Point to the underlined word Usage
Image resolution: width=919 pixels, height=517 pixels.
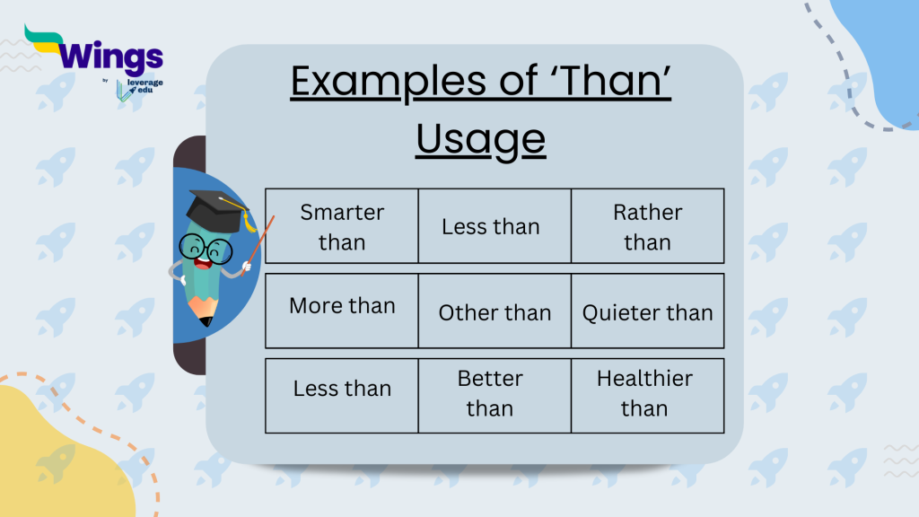tap(480, 139)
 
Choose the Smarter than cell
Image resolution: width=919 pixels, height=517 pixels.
tap(342, 226)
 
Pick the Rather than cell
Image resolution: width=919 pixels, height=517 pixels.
tap(647, 226)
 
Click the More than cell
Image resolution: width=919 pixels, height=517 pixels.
tap(342, 305)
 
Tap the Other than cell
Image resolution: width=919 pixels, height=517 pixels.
tap(495, 312)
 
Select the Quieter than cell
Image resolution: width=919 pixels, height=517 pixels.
tap(647, 312)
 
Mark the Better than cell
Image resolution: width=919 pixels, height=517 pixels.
tap(490, 393)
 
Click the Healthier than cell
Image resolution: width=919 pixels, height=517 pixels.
tap(644, 393)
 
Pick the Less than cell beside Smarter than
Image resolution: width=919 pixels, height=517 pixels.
tap(490, 226)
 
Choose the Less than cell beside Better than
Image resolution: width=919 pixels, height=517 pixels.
tap(342, 389)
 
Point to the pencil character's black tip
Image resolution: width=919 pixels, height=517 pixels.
tap(207, 319)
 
